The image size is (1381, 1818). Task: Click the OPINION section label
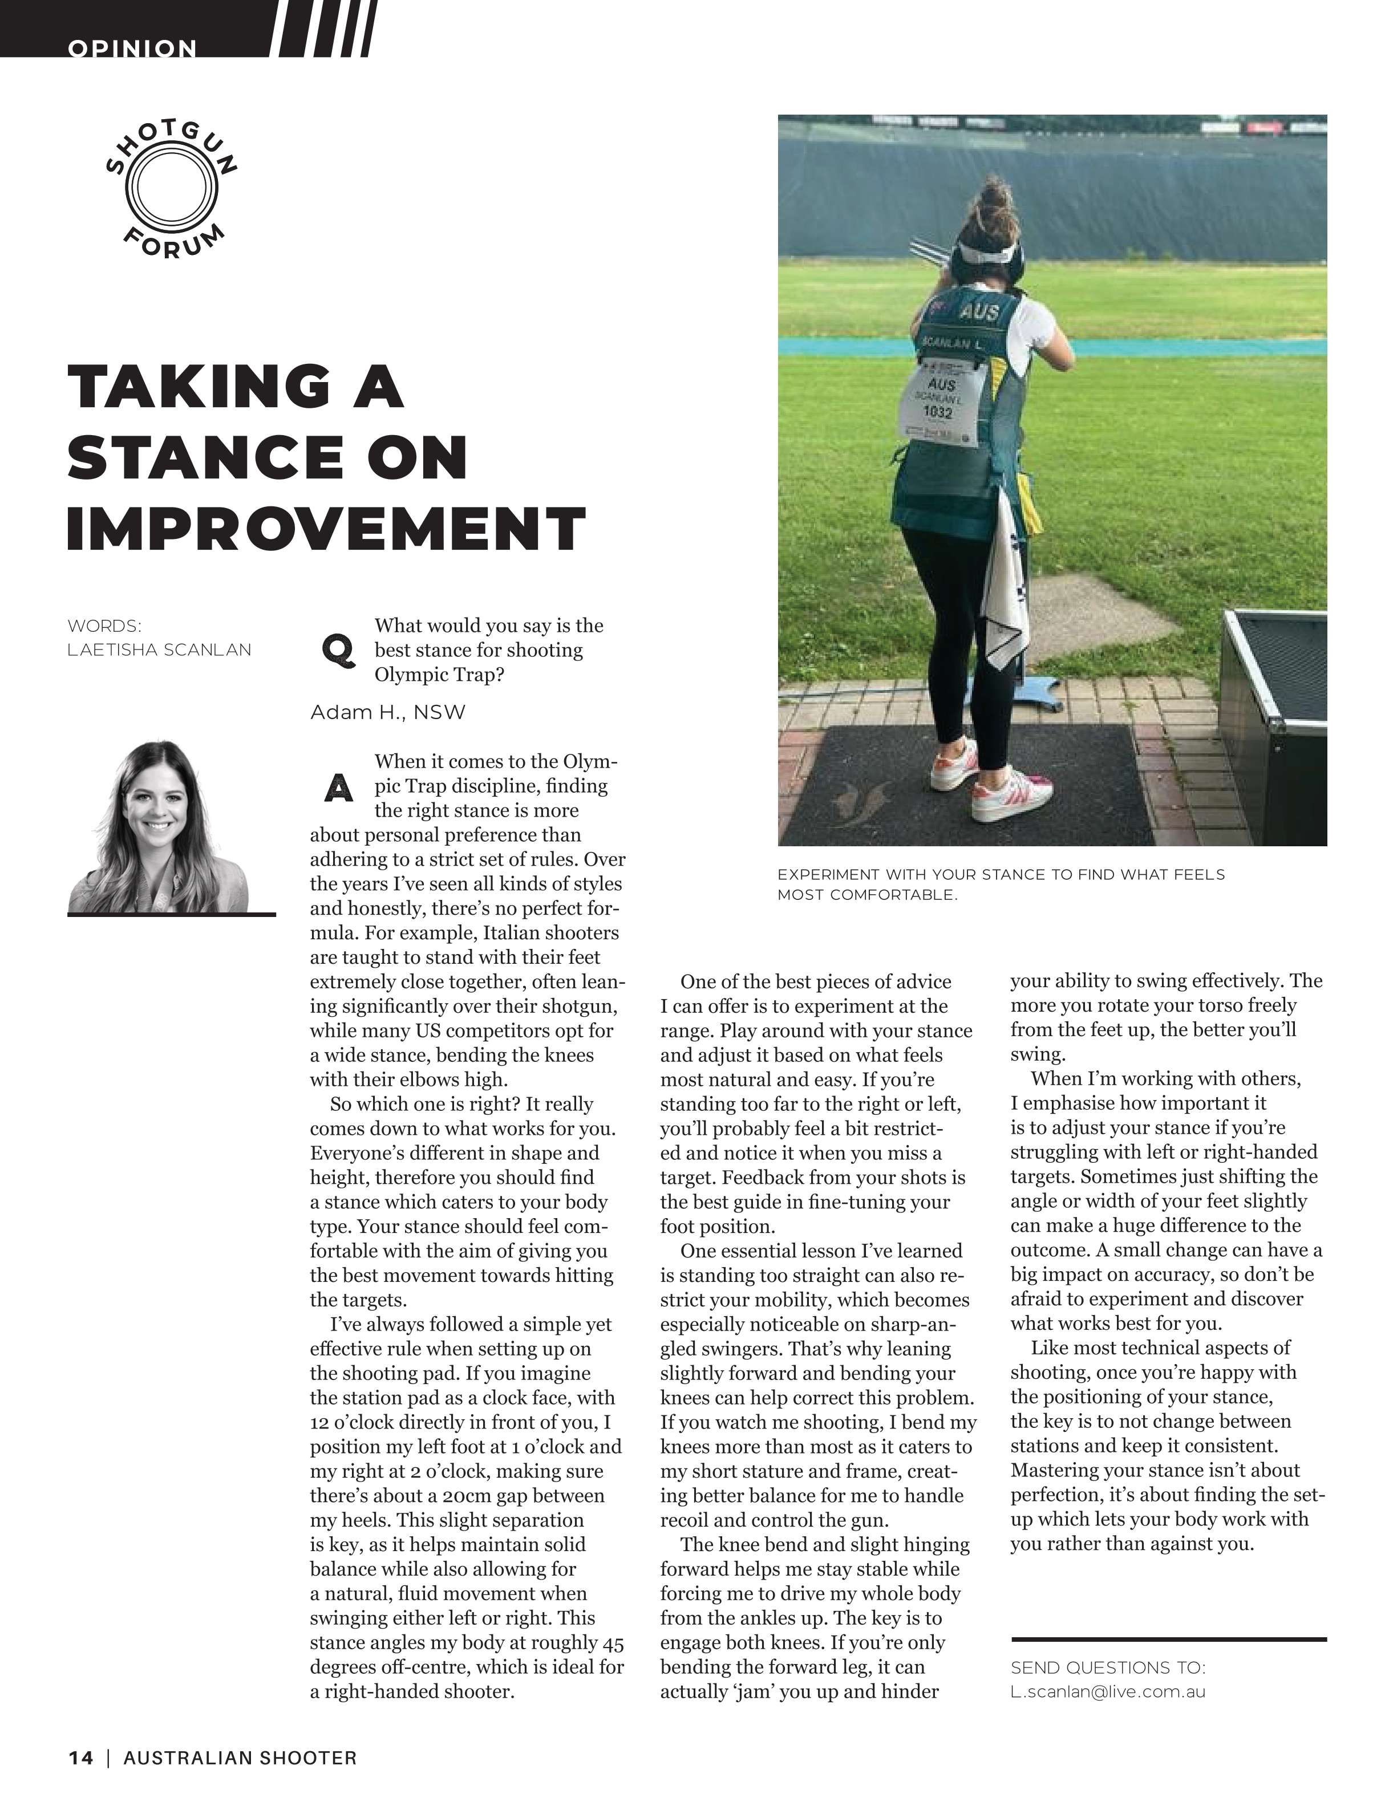pyautogui.click(x=132, y=48)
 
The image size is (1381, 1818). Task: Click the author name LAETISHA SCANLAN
pyautogui.click(x=160, y=650)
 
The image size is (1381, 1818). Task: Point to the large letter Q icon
pyautogui.click(x=339, y=650)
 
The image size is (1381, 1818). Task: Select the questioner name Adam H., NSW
pyautogui.click(x=388, y=712)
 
